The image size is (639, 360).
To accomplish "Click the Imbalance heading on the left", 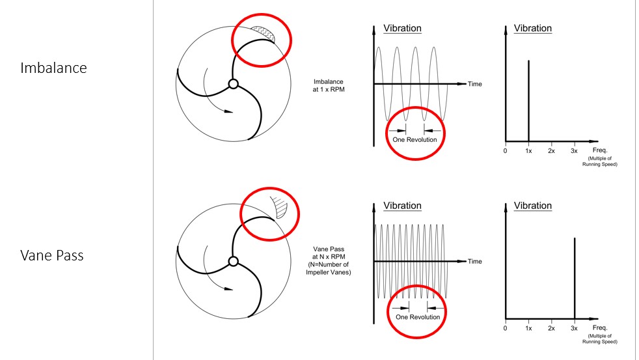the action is tap(53, 68).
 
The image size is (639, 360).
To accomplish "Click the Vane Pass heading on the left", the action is tap(52, 255).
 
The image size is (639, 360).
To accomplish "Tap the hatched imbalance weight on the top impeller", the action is tap(264, 34).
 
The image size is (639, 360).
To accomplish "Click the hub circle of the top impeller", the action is tap(233, 84).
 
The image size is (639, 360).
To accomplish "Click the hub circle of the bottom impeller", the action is tap(233, 261).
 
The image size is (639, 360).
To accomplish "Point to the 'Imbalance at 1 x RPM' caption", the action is tap(329, 86).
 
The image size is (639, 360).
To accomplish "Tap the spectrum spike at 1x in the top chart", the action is tap(528, 101).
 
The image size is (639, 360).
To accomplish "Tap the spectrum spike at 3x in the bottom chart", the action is tap(575, 278).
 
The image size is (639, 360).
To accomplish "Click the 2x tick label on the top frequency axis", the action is tap(551, 151).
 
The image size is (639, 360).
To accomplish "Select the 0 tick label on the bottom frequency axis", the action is tap(506, 328).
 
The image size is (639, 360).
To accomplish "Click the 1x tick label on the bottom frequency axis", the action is tap(528, 328).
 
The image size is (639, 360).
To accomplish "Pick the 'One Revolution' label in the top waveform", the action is tap(415, 139).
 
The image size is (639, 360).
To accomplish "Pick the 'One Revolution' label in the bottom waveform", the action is tap(418, 317).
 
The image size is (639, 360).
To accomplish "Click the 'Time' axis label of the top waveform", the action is tap(475, 84).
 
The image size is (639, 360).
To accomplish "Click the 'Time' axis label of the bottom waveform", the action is tap(475, 261).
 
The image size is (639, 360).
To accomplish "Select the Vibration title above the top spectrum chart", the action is tap(533, 28).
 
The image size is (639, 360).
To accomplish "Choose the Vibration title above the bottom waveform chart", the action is tap(402, 206).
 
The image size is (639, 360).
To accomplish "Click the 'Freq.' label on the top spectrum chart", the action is tap(600, 150).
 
